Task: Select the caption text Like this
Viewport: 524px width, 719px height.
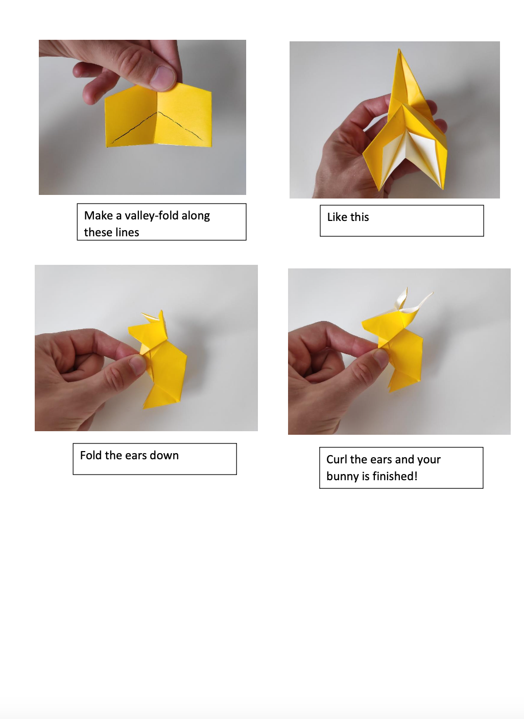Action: point(348,217)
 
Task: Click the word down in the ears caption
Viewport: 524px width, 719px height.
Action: point(164,456)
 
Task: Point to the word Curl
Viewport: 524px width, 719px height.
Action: point(337,460)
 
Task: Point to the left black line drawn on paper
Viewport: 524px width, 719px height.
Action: point(134,128)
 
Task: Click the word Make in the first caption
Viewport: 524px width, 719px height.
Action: point(99,216)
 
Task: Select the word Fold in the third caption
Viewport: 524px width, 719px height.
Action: point(91,456)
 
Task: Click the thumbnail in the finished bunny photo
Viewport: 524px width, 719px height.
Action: point(380,357)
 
